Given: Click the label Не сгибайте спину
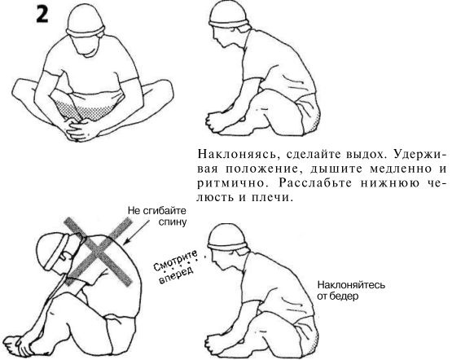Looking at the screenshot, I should [157, 214].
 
